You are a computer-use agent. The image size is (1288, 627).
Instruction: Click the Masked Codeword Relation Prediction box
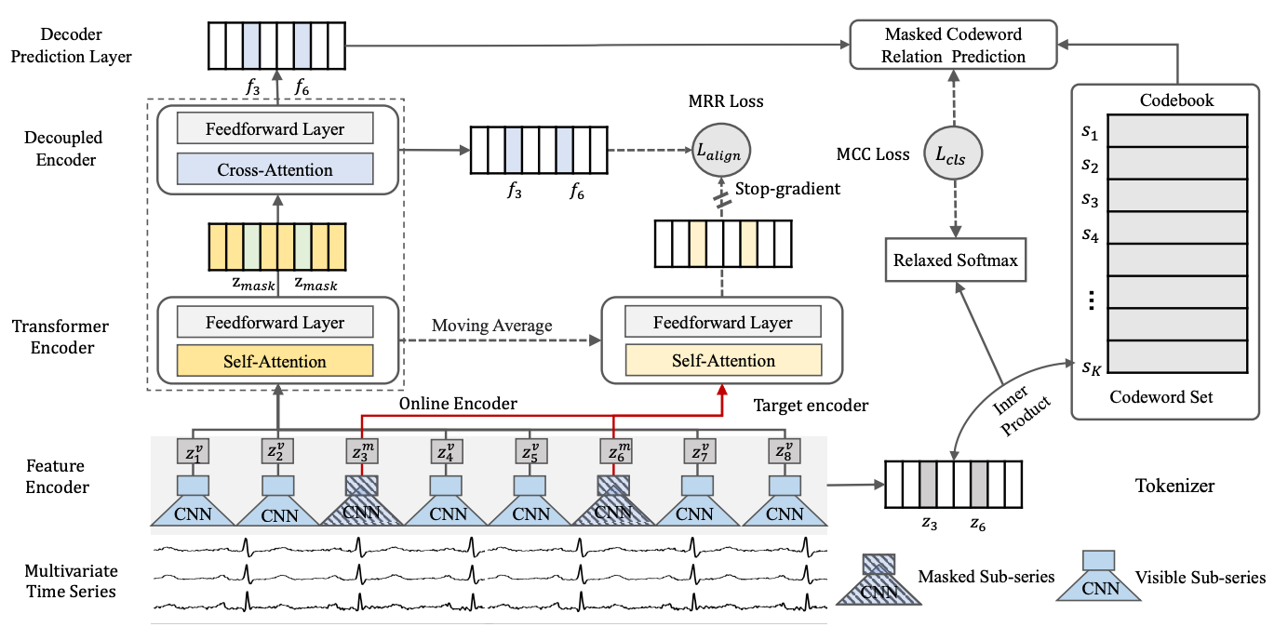pyautogui.click(x=955, y=46)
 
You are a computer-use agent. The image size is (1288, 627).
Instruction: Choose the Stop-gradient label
pyautogui.click(x=787, y=189)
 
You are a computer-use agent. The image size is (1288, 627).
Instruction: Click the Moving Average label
pyautogui.click(x=491, y=326)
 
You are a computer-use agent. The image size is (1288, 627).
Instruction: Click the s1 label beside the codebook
pyautogui.click(x=1089, y=133)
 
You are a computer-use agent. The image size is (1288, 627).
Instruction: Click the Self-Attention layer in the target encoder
pyautogui.click(x=723, y=361)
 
